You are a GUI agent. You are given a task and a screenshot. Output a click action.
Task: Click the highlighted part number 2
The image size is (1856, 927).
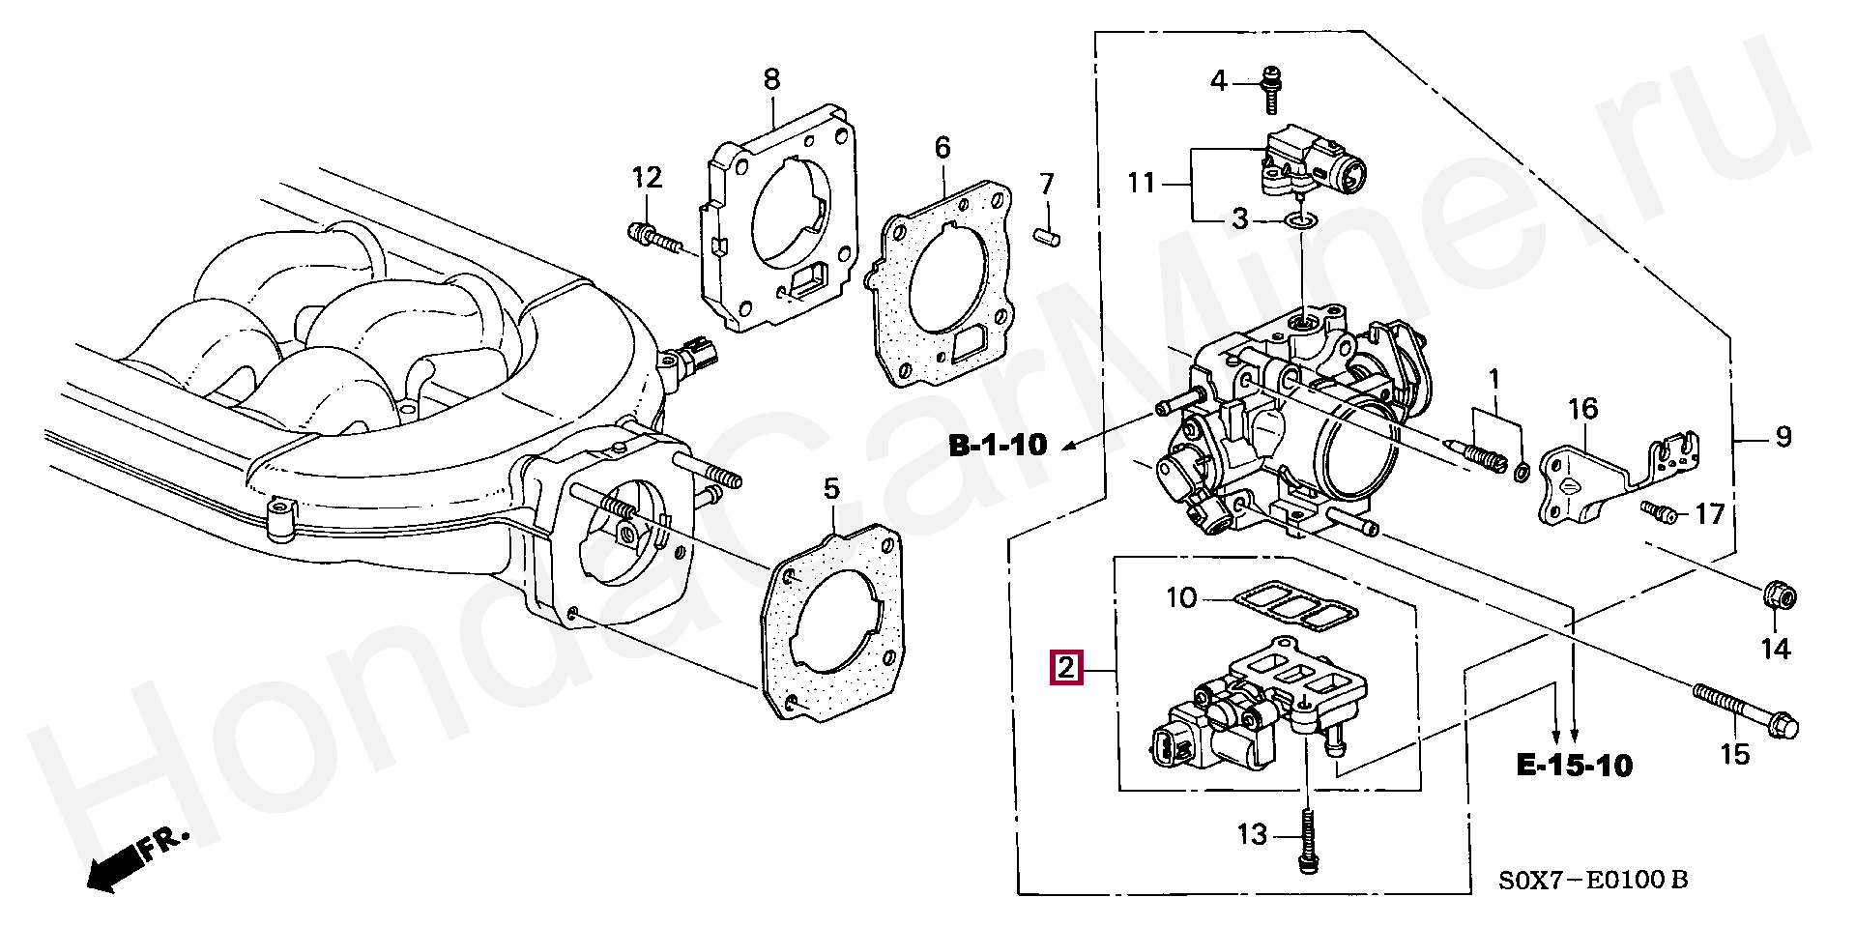(1066, 668)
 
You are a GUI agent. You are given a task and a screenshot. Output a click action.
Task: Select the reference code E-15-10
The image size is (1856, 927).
(1574, 767)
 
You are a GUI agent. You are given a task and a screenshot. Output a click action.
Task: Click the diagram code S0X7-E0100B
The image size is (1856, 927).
(1593, 881)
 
